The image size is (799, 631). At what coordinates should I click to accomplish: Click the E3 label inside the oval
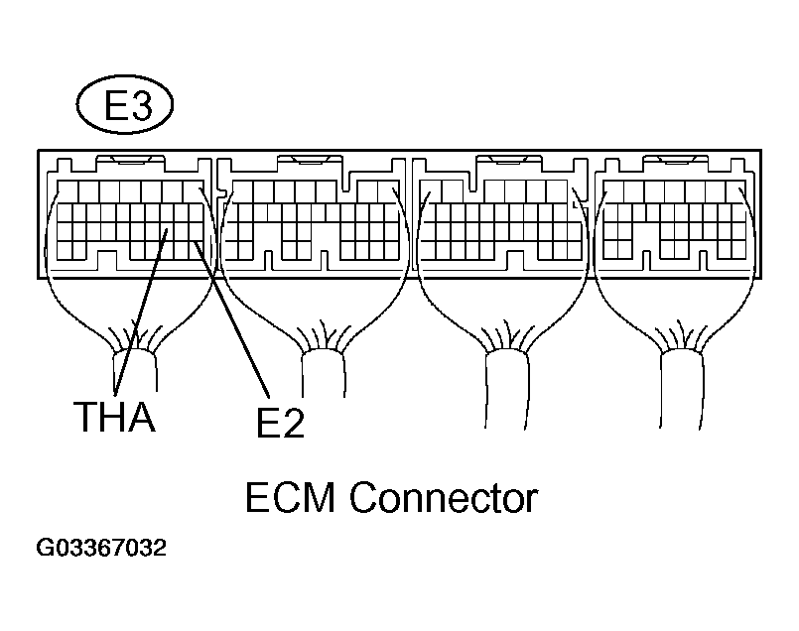coord(128,105)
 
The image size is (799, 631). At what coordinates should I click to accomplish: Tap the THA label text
coord(115,417)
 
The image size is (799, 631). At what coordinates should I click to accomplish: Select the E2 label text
coord(280,424)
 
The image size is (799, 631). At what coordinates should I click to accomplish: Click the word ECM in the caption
coord(290,497)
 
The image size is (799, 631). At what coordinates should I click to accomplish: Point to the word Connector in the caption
coord(444,497)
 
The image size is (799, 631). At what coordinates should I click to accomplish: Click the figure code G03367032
coord(101,548)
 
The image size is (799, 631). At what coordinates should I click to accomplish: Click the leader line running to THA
coord(141,312)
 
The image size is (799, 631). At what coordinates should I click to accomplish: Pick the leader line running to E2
coord(231,319)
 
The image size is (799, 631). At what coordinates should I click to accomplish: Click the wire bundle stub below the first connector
coord(135,372)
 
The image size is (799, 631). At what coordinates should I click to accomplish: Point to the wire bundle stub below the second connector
coord(324,374)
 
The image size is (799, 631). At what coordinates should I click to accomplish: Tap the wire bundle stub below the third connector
coord(507,390)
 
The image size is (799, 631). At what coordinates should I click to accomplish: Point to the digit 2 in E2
coord(293,424)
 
